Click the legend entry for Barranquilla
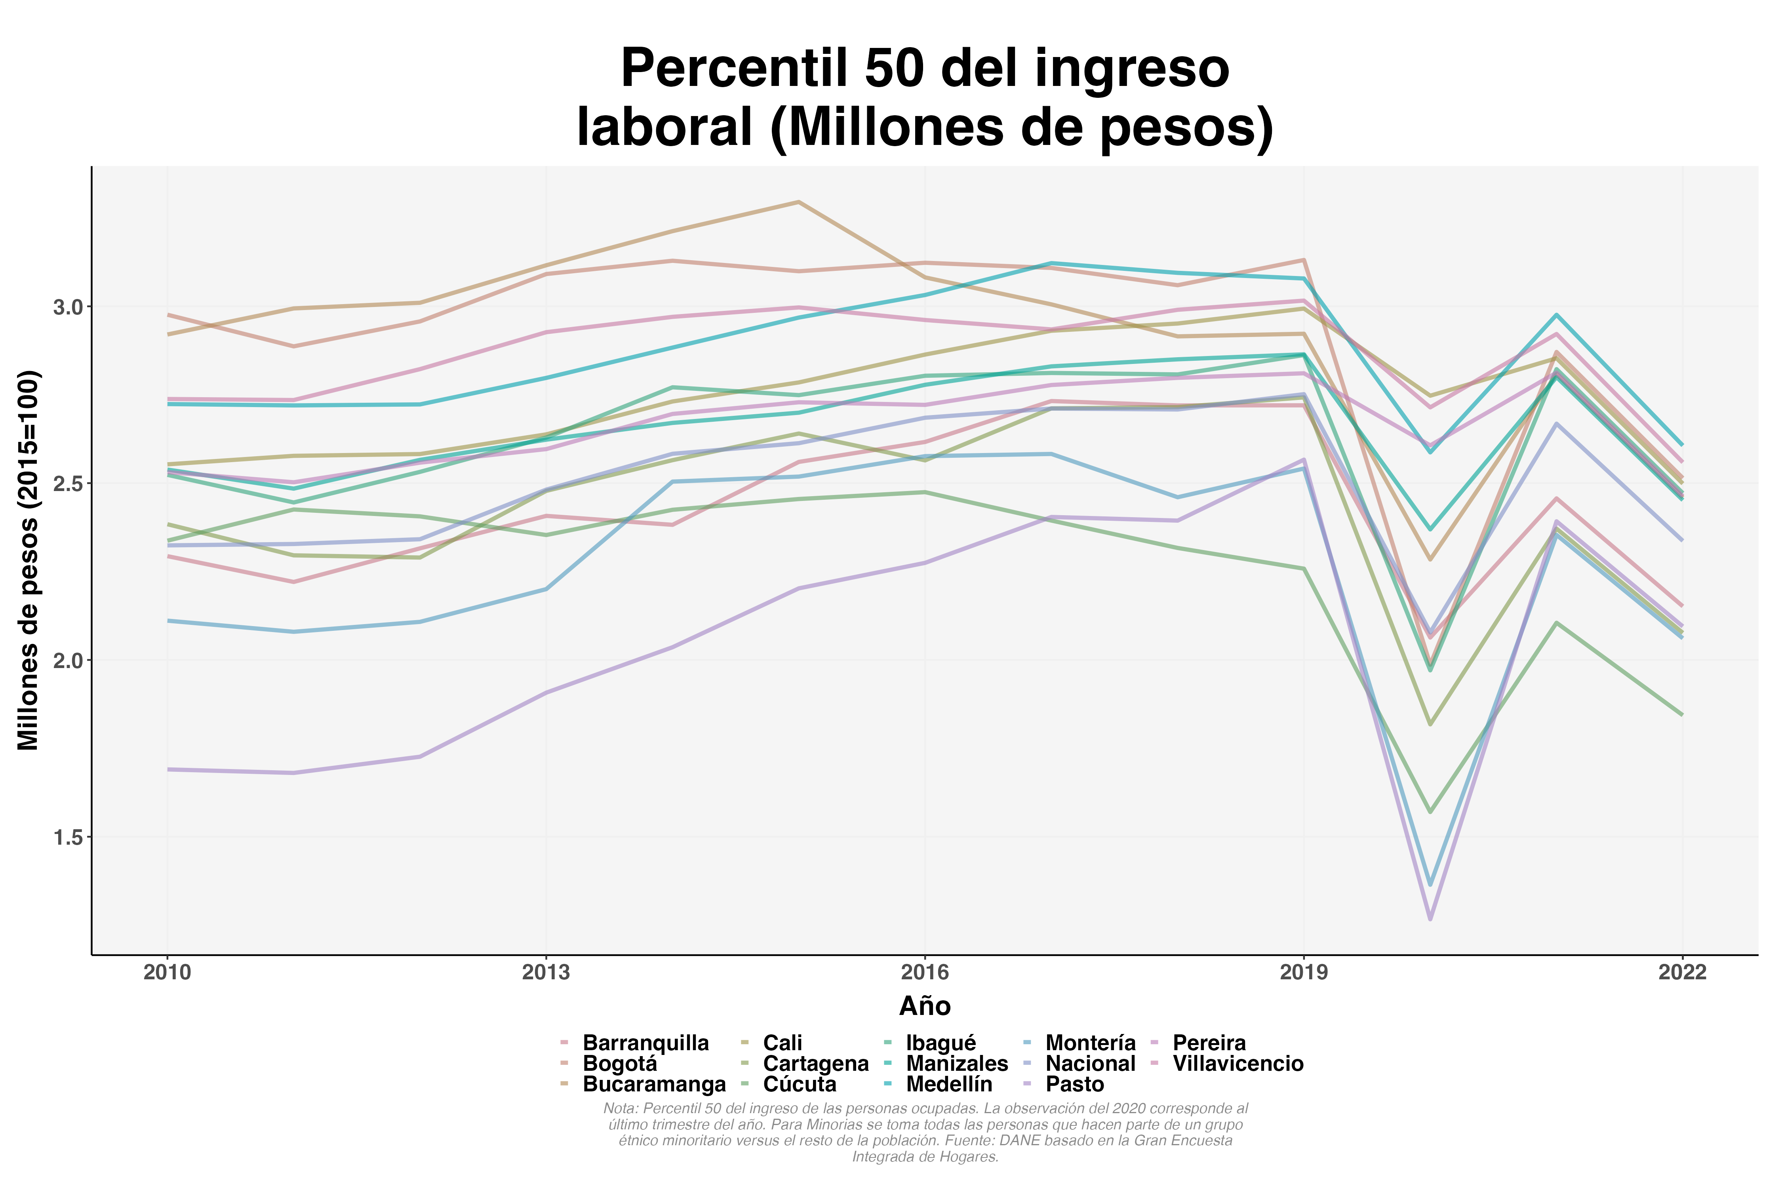coord(645,1043)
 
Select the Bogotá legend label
coord(620,1064)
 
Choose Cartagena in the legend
coord(815,1064)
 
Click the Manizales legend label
coord(956,1064)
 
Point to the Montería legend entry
coord(1090,1043)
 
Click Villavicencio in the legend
coord(1238,1064)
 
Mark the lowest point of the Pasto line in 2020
coord(1430,919)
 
